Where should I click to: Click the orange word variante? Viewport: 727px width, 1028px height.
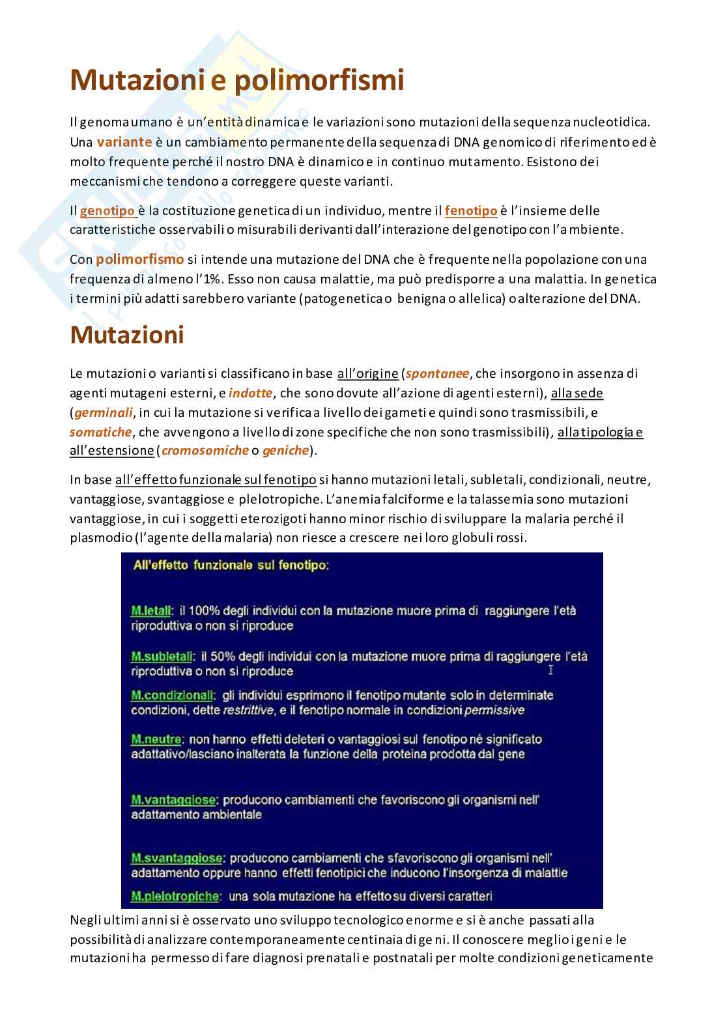pyautogui.click(x=124, y=141)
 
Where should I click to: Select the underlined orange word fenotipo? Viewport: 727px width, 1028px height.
pyautogui.click(x=471, y=210)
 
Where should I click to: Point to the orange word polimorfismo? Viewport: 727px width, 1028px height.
pyautogui.click(x=139, y=259)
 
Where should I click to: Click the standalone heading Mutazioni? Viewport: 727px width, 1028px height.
pyautogui.click(x=127, y=335)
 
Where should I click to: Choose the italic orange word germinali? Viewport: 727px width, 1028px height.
pyautogui.click(x=103, y=412)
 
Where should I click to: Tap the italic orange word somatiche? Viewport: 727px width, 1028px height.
pyautogui.click(x=100, y=432)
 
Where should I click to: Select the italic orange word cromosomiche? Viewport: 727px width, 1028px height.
pyautogui.click(x=205, y=450)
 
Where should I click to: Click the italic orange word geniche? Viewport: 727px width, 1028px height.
pyautogui.click(x=285, y=450)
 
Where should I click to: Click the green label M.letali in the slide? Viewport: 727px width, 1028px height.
pyautogui.click(x=151, y=611)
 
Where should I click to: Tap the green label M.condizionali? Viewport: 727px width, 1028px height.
pyautogui.click(x=172, y=695)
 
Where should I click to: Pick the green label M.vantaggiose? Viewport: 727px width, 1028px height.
pyautogui.click(x=173, y=799)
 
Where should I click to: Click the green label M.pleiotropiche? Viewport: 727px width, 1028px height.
pyautogui.click(x=175, y=896)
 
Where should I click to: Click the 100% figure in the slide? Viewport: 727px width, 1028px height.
pyautogui.click(x=207, y=611)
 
